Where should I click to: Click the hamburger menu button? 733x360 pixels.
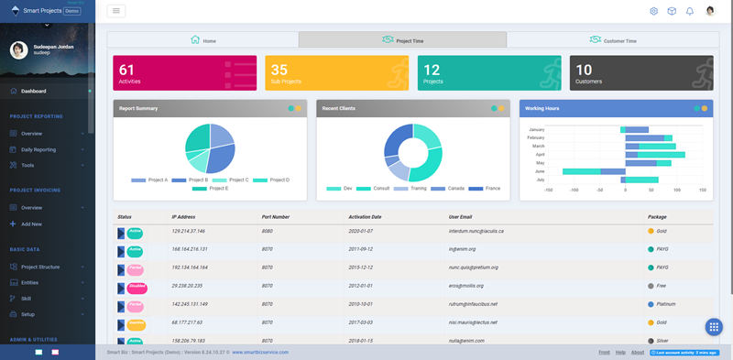tap(116, 11)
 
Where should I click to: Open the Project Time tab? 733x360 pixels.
tap(402, 40)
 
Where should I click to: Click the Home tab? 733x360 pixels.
tap(202, 40)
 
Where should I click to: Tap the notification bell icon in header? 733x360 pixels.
tap(690, 11)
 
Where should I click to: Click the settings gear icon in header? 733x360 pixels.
tap(654, 11)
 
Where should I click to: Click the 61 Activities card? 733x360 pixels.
tap(185, 73)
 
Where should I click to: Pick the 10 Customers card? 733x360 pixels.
tap(641, 73)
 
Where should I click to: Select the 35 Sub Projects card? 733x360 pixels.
tap(337, 73)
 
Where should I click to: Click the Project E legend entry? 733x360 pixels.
tap(214, 188)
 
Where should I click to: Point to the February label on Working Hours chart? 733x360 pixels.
tap(536, 137)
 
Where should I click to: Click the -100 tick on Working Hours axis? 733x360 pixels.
tap(574, 191)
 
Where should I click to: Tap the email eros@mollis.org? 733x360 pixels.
tap(468, 286)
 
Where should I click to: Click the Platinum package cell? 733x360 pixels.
tap(666, 304)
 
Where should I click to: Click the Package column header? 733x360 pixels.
tap(657, 217)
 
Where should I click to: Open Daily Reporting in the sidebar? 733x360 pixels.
tap(38, 149)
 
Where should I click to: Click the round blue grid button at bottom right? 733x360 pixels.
tap(715, 328)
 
